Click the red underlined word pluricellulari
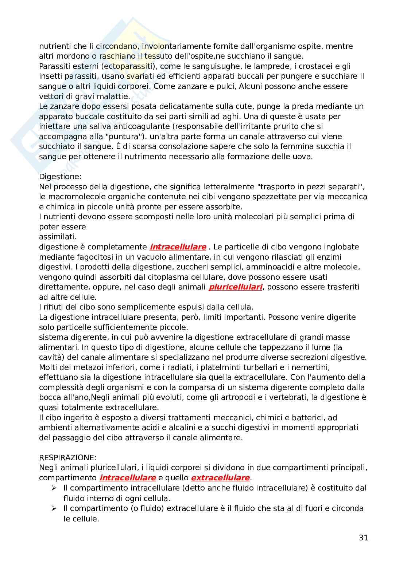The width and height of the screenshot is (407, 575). tap(235, 287)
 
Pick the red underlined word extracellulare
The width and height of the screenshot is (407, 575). tap(220, 477)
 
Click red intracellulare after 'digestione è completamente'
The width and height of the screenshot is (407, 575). tap(178, 247)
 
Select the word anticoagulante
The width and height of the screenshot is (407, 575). tap(120, 126)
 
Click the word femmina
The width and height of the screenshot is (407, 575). tap(286, 146)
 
